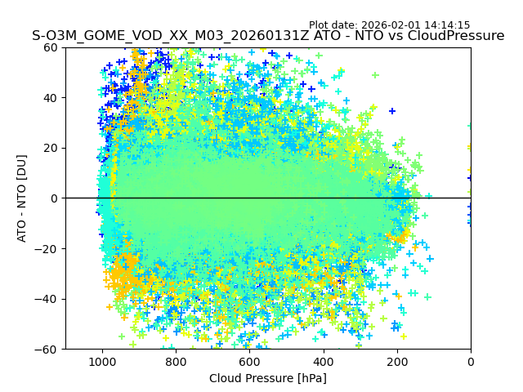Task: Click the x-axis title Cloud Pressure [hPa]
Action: [x=268, y=378]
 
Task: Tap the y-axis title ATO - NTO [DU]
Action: [x=22, y=198]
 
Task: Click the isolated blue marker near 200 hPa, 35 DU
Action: [x=392, y=111]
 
